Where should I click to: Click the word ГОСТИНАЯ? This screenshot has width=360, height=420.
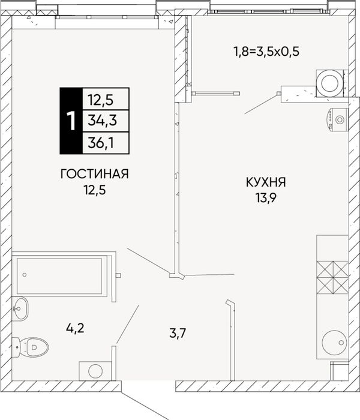click(95, 174)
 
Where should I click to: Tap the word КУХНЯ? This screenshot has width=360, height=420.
click(266, 182)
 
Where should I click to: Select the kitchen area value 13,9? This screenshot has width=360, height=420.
click(266, 198)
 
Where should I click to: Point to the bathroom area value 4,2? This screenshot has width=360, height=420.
click(75, 328)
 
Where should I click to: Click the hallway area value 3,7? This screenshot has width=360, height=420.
click(178, 334)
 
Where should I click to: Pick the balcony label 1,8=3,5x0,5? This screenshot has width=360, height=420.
click(266, 52)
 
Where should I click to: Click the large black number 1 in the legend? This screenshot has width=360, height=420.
click(71, 121)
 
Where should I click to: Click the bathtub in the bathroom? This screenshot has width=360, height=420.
click(59, 276)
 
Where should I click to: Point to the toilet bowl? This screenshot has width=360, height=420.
click(30, 347)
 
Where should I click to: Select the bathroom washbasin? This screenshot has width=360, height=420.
click(20, 308)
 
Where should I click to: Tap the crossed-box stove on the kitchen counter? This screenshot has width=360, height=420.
click(332, 277)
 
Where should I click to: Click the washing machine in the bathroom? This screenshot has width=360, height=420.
click(95, 371)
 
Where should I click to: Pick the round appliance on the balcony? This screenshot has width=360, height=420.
click(330, 83)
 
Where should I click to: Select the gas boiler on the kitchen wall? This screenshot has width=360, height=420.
click(338, 120)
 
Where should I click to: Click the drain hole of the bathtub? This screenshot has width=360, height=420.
click(25, 275)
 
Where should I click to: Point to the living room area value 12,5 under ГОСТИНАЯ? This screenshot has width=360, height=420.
click(95, 190)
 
